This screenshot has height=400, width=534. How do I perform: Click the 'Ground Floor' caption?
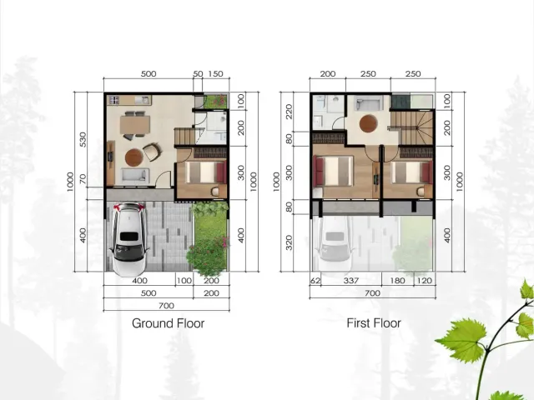tap(168, 323)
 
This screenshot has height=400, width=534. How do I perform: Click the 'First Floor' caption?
tap(374, 323)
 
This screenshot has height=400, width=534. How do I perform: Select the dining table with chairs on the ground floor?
tap(133, 124)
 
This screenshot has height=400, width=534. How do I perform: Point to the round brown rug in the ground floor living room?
tap(133, 156)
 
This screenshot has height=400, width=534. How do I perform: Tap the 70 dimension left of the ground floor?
tap(83, 178)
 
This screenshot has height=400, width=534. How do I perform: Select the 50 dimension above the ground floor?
tap(198, 74)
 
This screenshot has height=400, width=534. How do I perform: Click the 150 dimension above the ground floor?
tap(215, 74)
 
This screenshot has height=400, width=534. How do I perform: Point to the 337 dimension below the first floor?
tap(351, 282)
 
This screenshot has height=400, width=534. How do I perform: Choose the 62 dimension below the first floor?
tap(315, 282)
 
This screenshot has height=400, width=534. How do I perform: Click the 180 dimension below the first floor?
tap(399, 282)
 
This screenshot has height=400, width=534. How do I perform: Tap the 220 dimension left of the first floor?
tap(290, 112)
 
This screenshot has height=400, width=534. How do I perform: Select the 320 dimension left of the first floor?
tap(290, 242)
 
